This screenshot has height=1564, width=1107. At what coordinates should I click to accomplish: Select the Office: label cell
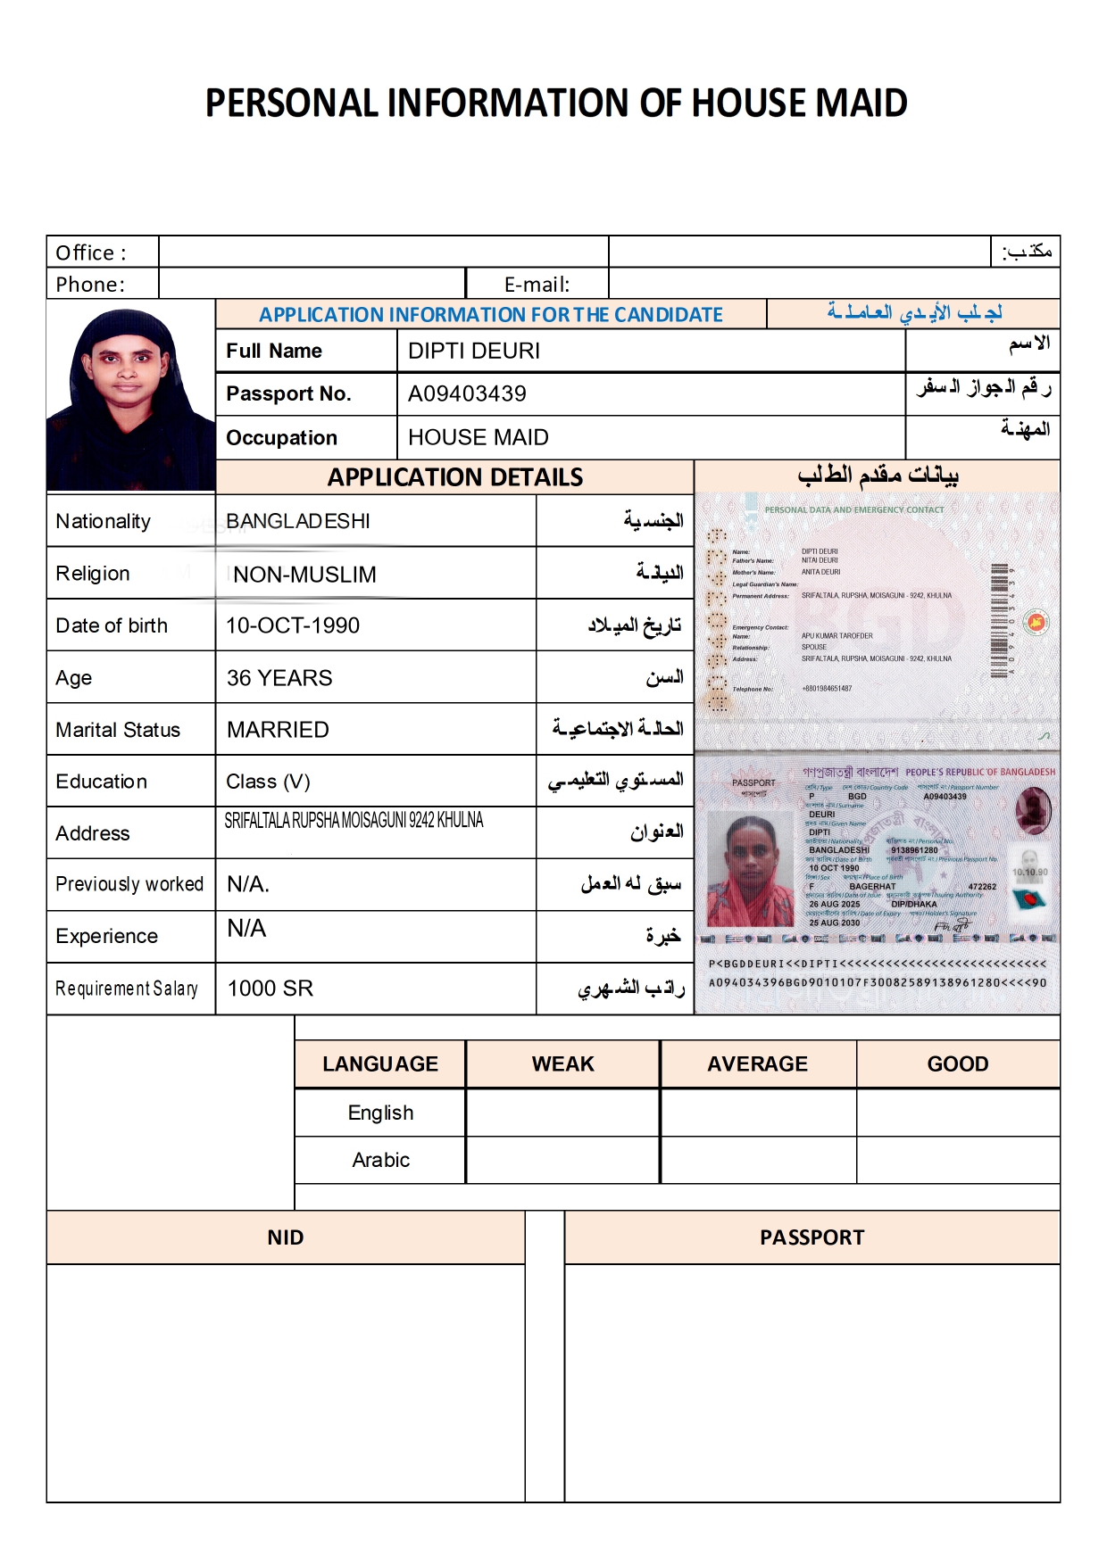pyautogui.click(x=92, y=252)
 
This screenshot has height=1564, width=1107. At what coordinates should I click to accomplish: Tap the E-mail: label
pyautogui.click(x=537, y=285)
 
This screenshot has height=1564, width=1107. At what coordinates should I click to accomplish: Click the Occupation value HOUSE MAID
pyautogui.click(x=479, y=437)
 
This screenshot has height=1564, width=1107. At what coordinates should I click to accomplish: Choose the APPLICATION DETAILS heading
pyautogui.click(x=455, y=477)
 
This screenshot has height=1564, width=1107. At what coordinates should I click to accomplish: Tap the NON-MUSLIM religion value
pyautogui.click(x=304, y=575)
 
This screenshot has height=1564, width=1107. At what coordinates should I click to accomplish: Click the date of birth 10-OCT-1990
pyautogui.click(x=293, y=625)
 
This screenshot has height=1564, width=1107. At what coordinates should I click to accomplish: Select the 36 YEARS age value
pyautogui.click(x=279, y=678)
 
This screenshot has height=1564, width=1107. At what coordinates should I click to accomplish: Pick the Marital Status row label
pyautogui.click(x=118, y=730)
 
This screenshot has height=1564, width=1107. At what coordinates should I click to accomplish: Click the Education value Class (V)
pyautogui.click(x=268, y=782)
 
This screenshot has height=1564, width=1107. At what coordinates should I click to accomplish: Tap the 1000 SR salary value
pyautogui.click(x=271, y=989)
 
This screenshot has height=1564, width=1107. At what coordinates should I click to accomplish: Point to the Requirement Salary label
pyautogui.click(x=127, y=989)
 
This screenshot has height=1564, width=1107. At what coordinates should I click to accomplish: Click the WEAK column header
pyautogui.click(x=562, y=1063)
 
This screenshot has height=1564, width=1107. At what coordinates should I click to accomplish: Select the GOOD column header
pyautogui.click(x=958, y=1063)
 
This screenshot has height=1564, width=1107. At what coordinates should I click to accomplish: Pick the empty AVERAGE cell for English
pyautogui.click(x=758, y=1113)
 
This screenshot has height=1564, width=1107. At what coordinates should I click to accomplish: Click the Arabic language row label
pyautogui.click(x=380, y=1160)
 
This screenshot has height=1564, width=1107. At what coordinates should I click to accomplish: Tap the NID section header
pyautogui.click(x=286, y=1237)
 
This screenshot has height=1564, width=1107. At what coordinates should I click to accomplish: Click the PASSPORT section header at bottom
pyautogui.click(x=812, y=1237)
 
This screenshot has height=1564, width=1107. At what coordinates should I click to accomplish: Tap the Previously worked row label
pyautogui.click(x=129, y=884)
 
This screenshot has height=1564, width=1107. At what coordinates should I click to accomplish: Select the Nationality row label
pyautogui.click(x=104, y=521)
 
